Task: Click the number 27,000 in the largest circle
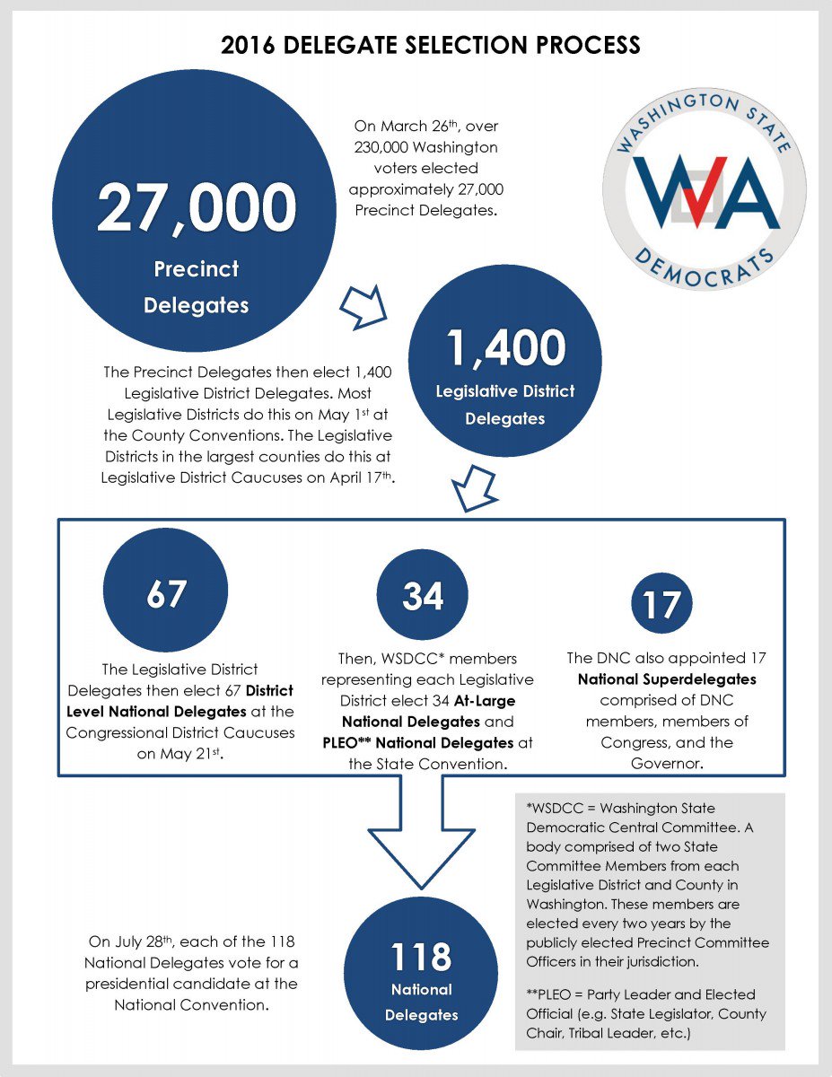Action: tap(196, 207)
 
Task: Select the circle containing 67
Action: tap(167, 595)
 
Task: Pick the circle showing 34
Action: tap(423, 596)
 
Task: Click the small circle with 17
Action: tap(661, 605)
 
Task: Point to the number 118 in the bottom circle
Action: tap(421, 957)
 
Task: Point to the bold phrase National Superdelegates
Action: tap(667, 679)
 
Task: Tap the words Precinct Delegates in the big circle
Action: tap(196, 286)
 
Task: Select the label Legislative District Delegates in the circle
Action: tap(505, 405)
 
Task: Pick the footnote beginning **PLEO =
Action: tap(648, 1014)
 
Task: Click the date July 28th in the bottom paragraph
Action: tap(147, 942)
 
